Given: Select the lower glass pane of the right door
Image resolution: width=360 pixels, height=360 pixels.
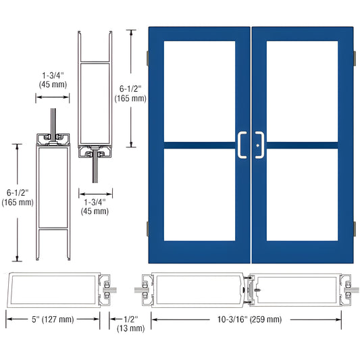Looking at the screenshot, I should tap(302, 196).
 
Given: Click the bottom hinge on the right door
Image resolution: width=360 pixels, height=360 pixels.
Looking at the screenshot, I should tap(355, 228).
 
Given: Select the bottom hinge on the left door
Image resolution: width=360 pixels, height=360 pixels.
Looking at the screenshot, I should tap(147, 228).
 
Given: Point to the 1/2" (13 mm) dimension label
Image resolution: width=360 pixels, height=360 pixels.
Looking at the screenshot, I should tap(130, 323).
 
